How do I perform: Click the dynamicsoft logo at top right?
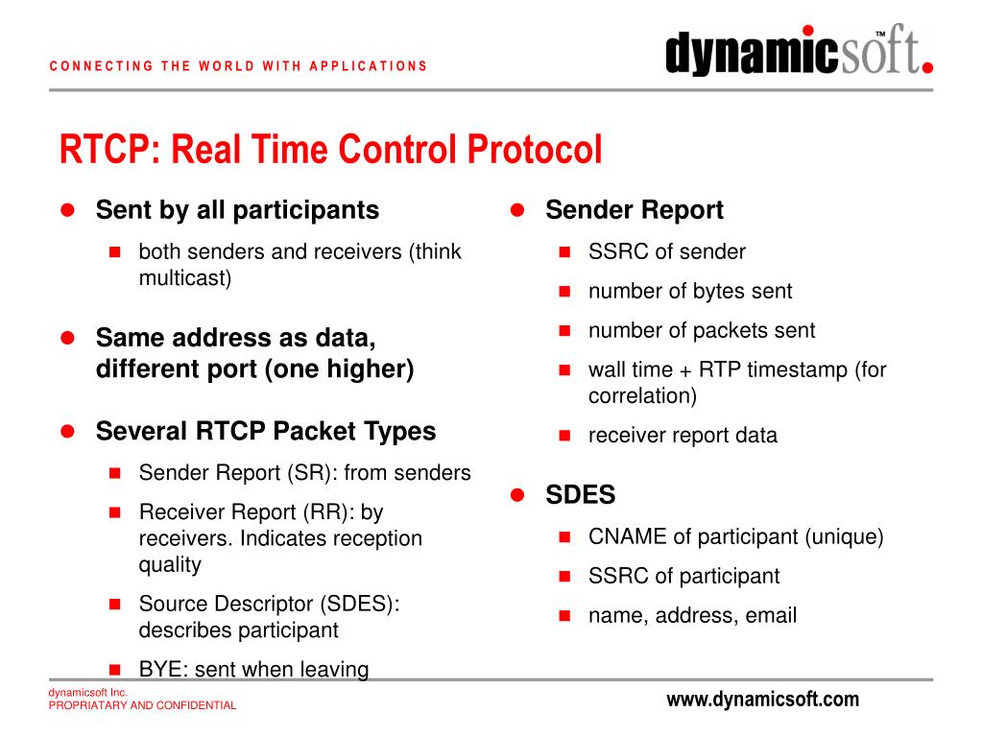pyautogui.click(x=799, y=53)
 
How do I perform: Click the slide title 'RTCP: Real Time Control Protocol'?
pyautogui.click(x=331, y=151)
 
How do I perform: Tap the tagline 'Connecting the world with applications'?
pyautogui.click(x=237, y=66)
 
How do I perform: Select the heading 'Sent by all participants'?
pyautogui.click(x=237, y=210)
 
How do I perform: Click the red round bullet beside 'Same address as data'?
pyautogui.click(x=68, y=338)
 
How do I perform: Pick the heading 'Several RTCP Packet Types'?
pyautogui.click(x=266, y=432)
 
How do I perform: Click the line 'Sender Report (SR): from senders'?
pyautogui.click(x=304, y=473)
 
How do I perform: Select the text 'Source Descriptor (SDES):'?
pyautogui.click(x=269, y=605)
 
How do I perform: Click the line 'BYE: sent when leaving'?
pyautogui.click(x=253, y=670)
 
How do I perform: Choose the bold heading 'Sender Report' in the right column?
pyautogui.click(x=634, y=210)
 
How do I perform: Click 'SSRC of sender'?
pyautogui.click(x=666, y=252)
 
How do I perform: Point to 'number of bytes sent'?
pyautogui.click(x=689, y=292)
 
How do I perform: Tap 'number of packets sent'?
pyautogui.click(x=701, y=331)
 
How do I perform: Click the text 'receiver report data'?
pyautogui.click(x=683, y=436)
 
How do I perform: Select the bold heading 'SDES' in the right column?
pyautogui.click(x=580, y=495)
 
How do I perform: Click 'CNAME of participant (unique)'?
pyautogui.click(x=735, y=536)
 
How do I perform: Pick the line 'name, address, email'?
pyautogui.click(x=692, y=616)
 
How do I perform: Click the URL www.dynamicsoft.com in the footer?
pyautogui.click(x=762, y=700)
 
